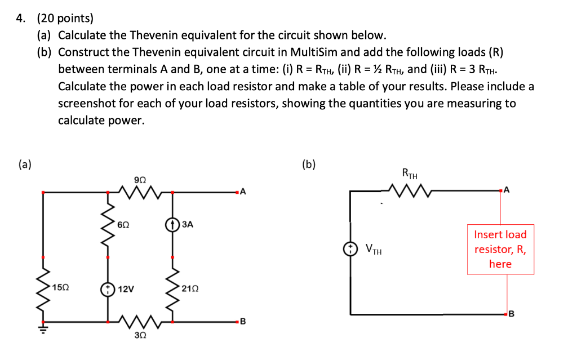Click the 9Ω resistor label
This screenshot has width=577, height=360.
[x=140, y=180]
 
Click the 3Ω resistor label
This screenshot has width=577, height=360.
[x=140, y=336]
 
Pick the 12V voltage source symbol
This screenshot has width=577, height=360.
[x=108, y=289]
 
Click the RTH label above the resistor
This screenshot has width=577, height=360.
[x=410, y=174]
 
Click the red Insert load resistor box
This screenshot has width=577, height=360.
[x=500, y=250]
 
